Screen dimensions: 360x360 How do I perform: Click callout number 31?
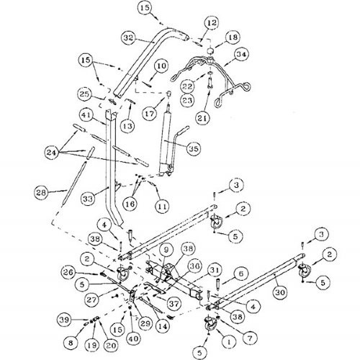point(215,271)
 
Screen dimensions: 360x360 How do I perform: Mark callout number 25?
point(105,94)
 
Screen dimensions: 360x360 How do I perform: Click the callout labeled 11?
point(164,205)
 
